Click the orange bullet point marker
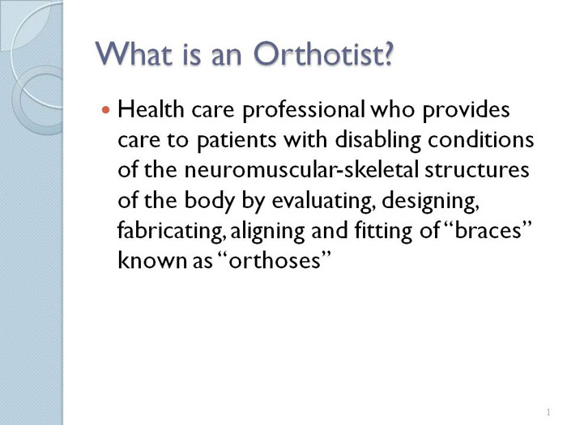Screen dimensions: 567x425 [x=105, y=109]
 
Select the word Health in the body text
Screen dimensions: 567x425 [x=151, y=108]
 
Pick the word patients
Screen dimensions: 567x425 [x=237, y=140]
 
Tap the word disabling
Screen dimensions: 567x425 [x=378, y=140]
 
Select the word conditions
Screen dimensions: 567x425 [x=481, y=139]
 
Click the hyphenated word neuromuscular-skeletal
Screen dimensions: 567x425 [x=301, y=169]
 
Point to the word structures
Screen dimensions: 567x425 [x=477, y=170]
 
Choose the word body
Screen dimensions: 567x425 [x=209, y=201]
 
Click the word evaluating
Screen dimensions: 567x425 [x=322, y=201]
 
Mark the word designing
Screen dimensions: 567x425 [x=431, y=201]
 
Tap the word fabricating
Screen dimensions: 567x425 [x=171, y=231]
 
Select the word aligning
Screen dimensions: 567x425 [x=267, y=231]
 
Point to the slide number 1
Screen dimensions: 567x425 [x=548, y=412]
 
